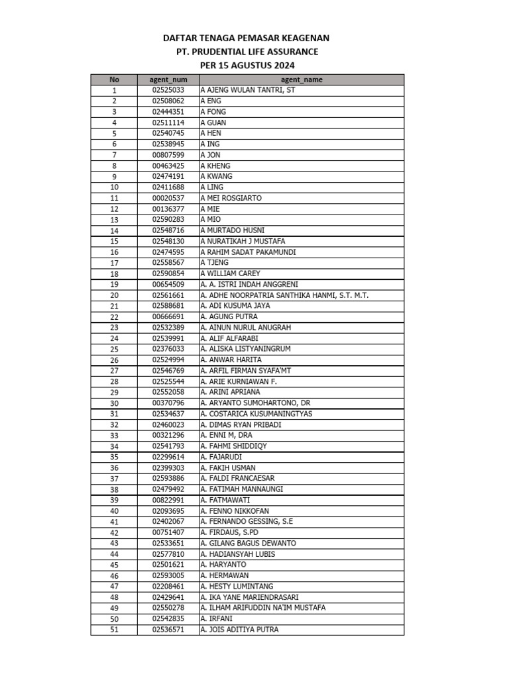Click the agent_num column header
click(168, 79)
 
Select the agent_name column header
click(302, 79)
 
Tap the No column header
click(114, 79)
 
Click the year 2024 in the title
click(282, 65)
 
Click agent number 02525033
click(168, 90)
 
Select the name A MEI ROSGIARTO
click(231, 198)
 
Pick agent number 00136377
click(168, 209)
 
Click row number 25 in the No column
click(114, 349)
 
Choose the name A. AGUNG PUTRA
click(229, 316)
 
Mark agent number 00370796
click(168, 403)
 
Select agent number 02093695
click(168, 511)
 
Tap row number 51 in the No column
click(114, 630)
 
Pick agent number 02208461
click(168, 587)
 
